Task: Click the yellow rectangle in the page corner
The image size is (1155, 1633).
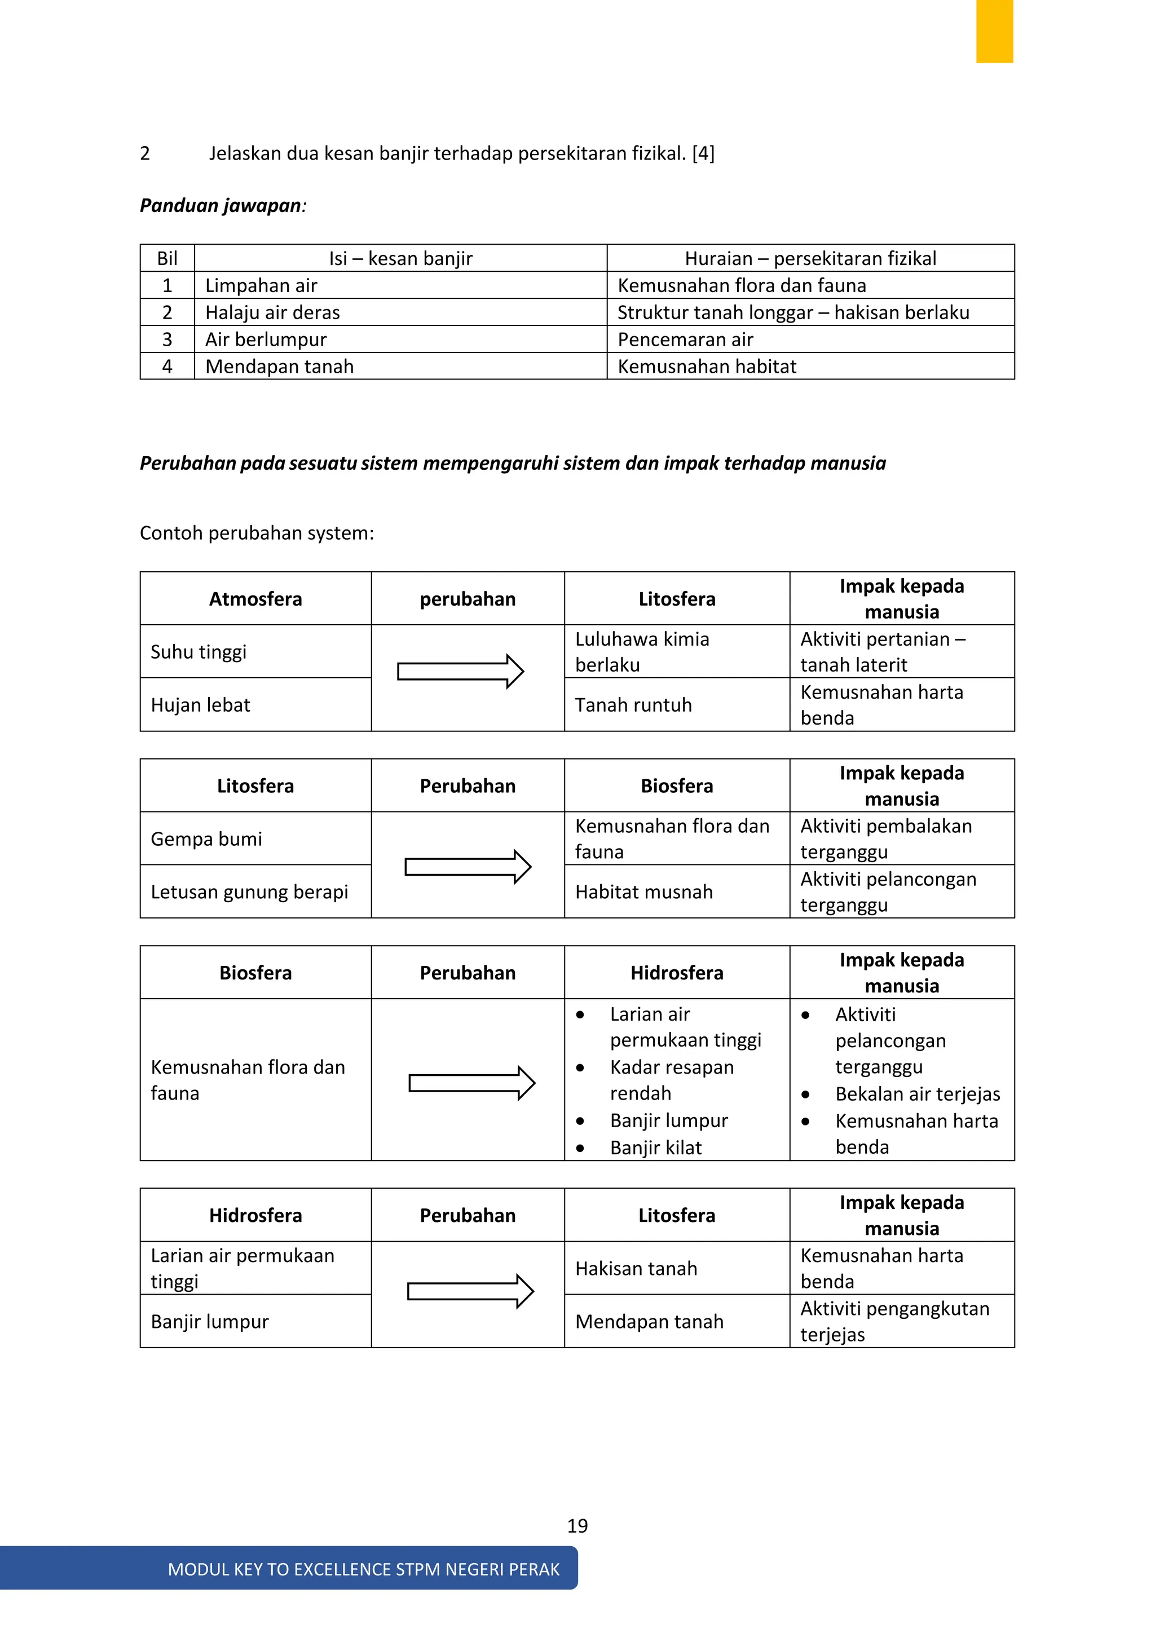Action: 994,31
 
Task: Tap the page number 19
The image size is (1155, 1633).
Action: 577,1526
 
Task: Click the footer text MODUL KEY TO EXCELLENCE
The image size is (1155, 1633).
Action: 363,1569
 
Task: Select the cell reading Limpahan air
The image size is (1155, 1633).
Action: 261,285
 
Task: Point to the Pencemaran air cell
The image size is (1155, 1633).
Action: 685,339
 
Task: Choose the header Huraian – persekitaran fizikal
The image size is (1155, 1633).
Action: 810,258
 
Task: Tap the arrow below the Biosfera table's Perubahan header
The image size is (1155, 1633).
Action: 471,1083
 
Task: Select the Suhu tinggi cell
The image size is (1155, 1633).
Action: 199,651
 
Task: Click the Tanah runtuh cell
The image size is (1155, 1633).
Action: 633,705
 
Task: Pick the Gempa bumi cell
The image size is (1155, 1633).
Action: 206,838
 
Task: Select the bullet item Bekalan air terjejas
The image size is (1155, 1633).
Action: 917,1094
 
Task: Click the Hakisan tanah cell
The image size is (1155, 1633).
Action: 636,1268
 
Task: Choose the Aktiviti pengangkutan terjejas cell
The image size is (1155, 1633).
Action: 894,1321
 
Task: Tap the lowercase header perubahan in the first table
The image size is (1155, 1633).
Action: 468,599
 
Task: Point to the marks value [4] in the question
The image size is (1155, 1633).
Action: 703,153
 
